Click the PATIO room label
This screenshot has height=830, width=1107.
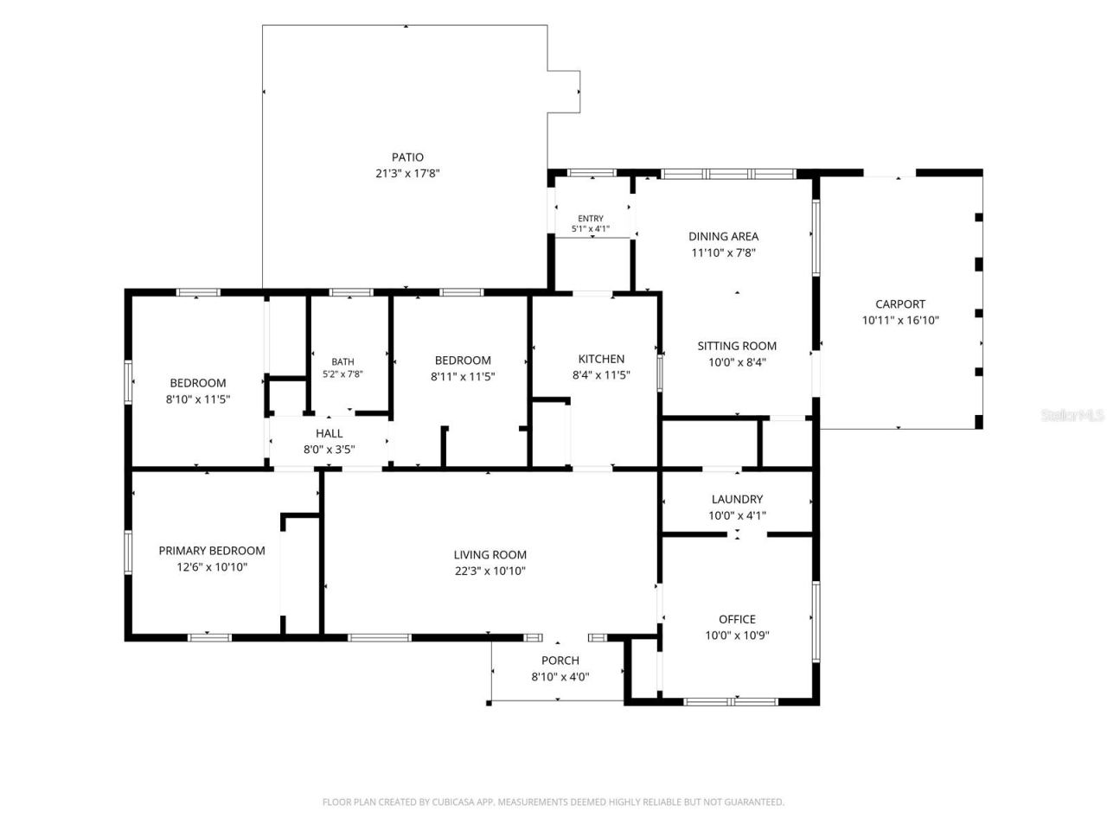[x=407, y=157]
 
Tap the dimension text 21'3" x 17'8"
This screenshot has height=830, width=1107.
[x=407, y=174]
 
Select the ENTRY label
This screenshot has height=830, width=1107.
[x=591, y=218]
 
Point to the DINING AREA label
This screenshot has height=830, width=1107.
[x=723, y=236]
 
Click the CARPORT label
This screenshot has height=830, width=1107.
[x=900, y=304]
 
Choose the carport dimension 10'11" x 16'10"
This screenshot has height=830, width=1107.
[x=900, y=320]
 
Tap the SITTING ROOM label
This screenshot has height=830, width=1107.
[x=737, y=346]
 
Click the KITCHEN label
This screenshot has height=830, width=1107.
[x=601, y=359]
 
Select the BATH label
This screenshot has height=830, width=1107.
[x=343, y=362]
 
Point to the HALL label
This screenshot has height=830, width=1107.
[x=330, y=433]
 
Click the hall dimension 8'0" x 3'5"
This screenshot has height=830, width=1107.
[x=330, y=450]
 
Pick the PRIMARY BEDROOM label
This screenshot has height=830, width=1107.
[x=212, y=551]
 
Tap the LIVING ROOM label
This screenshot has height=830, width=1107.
[x=490, y=555]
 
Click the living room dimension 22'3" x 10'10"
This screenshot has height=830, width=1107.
[x=490, y=571]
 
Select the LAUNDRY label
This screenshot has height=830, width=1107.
[x=737, y=500]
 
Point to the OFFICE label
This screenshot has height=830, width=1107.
[x=737, y=619]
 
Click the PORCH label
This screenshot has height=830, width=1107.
[x=560, y=661]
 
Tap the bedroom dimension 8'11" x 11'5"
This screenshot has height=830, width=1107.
[x=463, y=377]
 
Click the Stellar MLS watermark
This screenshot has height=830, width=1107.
[x=1072, y=415]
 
